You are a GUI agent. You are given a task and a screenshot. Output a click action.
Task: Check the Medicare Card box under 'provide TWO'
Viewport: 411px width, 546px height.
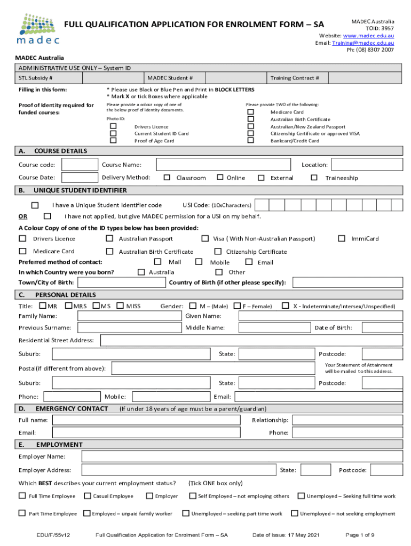pos(250,113)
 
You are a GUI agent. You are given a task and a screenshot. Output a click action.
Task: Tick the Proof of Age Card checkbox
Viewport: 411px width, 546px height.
pos(113,141)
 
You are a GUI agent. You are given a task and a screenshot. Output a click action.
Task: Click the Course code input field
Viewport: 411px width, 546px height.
pos(80,165)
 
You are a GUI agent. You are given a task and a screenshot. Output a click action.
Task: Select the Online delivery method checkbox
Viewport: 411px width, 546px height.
pos(219,178)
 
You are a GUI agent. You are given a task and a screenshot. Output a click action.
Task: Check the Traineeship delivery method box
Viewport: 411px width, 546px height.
pos(314,178)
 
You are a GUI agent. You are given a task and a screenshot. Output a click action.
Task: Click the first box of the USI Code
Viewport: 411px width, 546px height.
pos(262,205)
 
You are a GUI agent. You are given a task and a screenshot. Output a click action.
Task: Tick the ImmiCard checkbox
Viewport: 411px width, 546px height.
pos(342,238)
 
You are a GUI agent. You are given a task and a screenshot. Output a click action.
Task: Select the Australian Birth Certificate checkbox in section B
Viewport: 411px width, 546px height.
pos(109,251)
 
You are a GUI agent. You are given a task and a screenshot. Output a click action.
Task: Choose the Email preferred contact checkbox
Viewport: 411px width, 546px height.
pos(249,262)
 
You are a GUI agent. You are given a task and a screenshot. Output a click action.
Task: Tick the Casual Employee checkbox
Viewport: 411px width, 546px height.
pos(87,496)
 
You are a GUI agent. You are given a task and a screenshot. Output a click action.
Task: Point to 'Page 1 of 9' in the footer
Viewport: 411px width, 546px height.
pos(360,535)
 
